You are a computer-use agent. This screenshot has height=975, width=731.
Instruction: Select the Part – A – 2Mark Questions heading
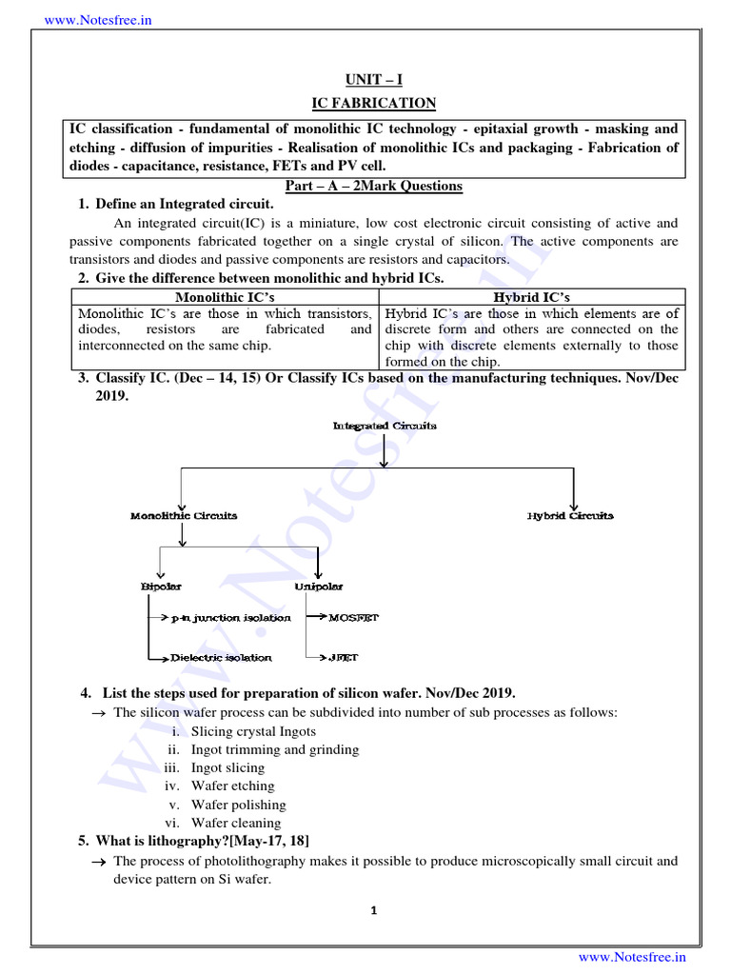(x=374, y=186)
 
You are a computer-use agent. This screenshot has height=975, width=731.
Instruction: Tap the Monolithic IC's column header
(x=226, y=298)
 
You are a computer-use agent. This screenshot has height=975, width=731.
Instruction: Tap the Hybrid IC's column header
(x=532, y=298)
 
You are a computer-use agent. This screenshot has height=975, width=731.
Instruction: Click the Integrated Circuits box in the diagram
(x=385, y=426)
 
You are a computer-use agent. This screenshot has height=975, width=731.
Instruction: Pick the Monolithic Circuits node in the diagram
(x=184, y=515)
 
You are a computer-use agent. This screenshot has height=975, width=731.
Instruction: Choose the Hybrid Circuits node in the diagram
(x=570, y=515)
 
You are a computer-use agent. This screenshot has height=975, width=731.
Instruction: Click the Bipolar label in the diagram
(x=161, y=587)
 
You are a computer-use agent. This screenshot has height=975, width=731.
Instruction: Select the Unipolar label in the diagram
(x=319, y=587)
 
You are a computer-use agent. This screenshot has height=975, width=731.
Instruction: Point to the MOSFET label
(x=353, y=618)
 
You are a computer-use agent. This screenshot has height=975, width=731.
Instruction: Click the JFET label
(x=344, y=657)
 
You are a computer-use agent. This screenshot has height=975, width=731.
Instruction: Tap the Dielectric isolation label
(x=221, y=657)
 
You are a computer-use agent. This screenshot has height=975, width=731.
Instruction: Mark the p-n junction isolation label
(x=230, y=618)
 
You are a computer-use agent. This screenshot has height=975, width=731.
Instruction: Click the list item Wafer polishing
(x=238, y=805)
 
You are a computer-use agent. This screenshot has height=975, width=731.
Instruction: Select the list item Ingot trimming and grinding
(x=275, y=749)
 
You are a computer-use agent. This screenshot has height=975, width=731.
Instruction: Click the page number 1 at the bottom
(x=374, y=910)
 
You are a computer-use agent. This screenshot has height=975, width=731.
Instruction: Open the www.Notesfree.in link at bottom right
(x=632, y=957)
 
